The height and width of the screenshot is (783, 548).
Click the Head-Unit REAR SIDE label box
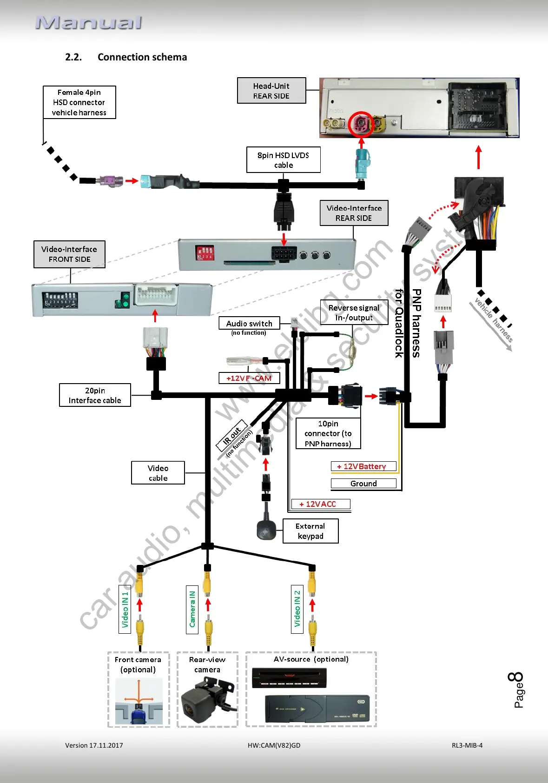(271, 91)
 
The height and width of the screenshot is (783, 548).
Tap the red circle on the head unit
(361, 124)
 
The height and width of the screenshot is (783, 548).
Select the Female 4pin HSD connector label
(79, 102)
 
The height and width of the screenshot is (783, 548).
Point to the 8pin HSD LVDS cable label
(283, 160)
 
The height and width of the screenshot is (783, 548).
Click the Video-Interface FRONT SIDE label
(69, 254)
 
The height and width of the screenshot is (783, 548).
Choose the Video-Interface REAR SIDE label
(354, 213)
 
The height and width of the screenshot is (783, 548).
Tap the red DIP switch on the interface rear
(205, 253)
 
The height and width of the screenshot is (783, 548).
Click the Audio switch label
(249, 324)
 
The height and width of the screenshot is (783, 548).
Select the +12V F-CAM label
(249, 378)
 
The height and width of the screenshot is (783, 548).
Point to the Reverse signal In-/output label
(354, 313)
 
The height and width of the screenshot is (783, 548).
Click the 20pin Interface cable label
(95, 396)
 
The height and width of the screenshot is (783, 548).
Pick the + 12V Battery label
(363, 466)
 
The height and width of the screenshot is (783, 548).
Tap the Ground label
(363, 484)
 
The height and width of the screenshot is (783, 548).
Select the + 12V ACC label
(320, 504)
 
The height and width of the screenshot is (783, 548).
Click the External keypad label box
(310, 531)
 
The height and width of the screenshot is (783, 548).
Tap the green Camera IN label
(192, 609)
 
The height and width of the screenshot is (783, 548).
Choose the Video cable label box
(158, 473)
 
